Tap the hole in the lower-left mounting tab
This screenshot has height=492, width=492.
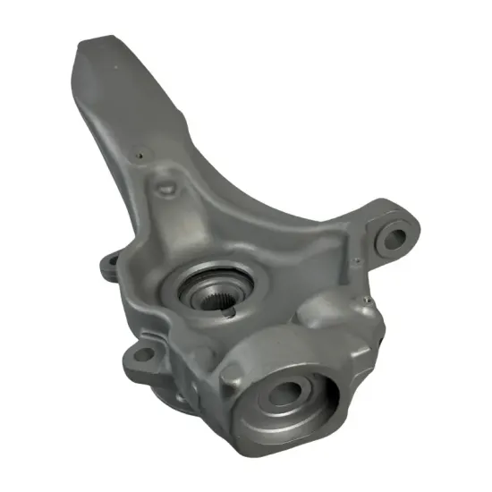click(x=140, y=357)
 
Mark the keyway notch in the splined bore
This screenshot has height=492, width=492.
click(x=230, y=311)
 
